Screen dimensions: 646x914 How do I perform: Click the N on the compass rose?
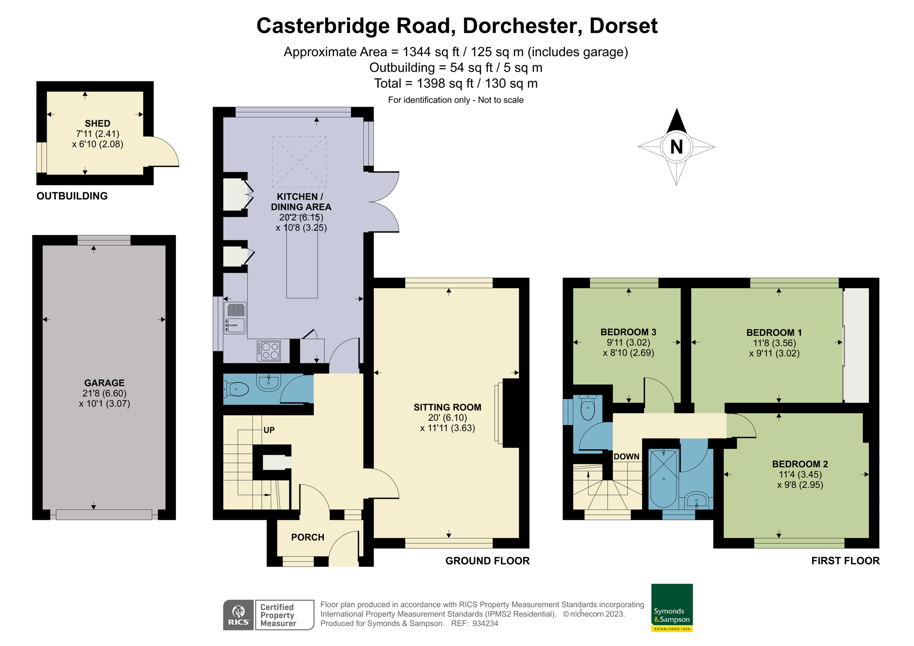[x=676, y=147]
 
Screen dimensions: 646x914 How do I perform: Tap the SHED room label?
[x=97, y=123]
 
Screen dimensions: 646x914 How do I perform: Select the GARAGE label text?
[x=104, y=383]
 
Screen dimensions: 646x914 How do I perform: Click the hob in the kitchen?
[x=268, y=351]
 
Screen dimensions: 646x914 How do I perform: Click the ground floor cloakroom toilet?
[x=237, y=389]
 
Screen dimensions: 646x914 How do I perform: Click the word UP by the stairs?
[x=269, y=430]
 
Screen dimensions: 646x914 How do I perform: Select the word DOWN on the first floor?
[x=626, y=456]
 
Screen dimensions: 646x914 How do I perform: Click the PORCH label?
[x=307, y=538]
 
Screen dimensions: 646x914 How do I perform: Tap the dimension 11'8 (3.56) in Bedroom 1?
[x=774, y=343]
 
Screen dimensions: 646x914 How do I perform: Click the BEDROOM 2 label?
[x=800, y=464]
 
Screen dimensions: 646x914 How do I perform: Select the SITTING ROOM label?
[x=447, y=407]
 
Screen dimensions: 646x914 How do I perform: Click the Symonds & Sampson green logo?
[x=672, y=607]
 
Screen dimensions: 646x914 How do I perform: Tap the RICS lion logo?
[x=238, y=614]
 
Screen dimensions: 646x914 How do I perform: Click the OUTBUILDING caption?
[x=72, y=196]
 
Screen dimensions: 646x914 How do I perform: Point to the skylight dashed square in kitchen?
[x=299, y=162]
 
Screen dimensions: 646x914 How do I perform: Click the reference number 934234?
[x=485, y=624]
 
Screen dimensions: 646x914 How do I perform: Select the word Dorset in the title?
[x=623, y=26]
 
